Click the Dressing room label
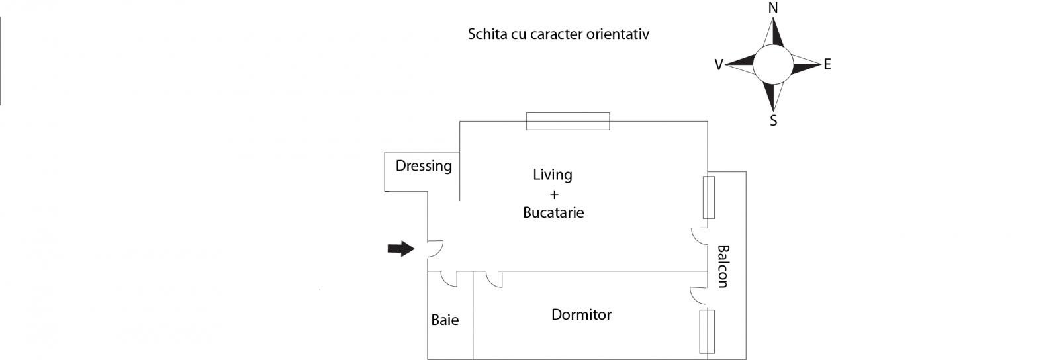(x=424, y=166)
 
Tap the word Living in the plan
(x=553, y=175)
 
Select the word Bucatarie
(x=553, y=212)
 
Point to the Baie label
(x=445, y=320)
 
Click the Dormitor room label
(x=582, y=314)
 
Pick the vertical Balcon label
(x=723, y=267)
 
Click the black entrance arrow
(x=401, y=249)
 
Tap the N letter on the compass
(x=773, y=8)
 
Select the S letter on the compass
(x=774, y=121)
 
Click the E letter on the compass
(x=827, y=64)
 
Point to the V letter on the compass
(x=719, y=65)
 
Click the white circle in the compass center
(x=772, y=64)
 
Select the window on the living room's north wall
(x=568, y=121)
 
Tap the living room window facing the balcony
(x=708, y=197)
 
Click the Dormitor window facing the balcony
(x=707, y=332)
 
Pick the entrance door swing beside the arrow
(x=436, y=249)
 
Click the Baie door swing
(x=449, y=279)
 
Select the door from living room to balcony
(x=700, y=237)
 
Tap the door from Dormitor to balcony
(x=698, y=296)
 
